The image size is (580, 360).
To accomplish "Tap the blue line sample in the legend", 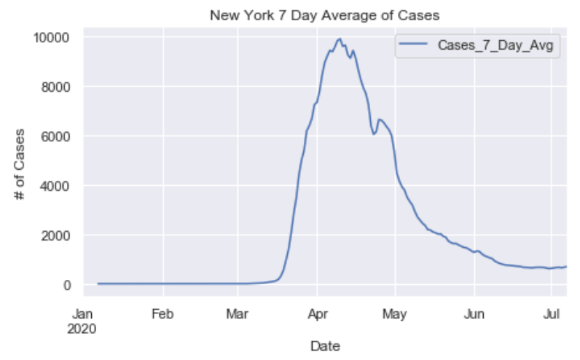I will [x=415, y=46].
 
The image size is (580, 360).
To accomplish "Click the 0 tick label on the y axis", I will [x=66, y=285].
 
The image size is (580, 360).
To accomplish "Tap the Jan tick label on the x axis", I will [x=85, y=315].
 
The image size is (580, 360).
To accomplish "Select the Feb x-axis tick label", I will [x=162, y=315].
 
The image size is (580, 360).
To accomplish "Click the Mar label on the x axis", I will [x=238, y=315].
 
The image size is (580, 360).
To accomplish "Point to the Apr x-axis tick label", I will [x=317, y=315].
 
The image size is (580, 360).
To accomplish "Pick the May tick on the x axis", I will [x=394, y=315].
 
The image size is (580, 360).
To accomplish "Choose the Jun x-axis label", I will [x=474, y=315].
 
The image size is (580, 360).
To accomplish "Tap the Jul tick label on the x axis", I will [x=552, y=315].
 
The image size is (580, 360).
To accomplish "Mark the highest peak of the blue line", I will [x=340, y=39].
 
